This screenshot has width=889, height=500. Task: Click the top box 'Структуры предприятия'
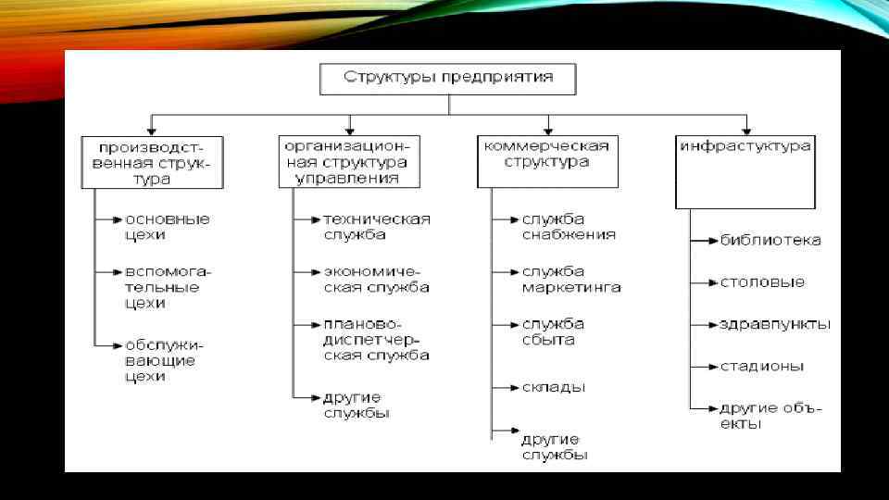[x=448, y=78]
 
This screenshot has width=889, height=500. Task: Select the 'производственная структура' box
[x=152, y=162]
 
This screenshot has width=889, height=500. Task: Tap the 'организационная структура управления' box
[x=348, y=161]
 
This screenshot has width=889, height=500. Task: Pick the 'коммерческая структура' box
[x=546, y=161]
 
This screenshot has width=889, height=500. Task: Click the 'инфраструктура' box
[x=745, y=171]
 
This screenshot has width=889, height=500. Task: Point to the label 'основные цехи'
[x=168, y=227]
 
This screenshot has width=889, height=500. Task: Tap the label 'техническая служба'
[x=377, y=227]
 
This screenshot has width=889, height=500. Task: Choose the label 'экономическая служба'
[x=376, y=280]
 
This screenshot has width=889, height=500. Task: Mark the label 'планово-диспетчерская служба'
[x=375, y=340]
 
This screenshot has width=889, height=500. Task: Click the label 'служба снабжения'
[x=569, y=227]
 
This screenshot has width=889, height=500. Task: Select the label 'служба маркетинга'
[x=570, y=280]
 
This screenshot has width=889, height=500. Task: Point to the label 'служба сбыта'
[x=553, y=331]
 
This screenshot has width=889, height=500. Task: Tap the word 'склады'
[x=553, y=387]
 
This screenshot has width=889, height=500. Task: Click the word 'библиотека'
[x=770, y=241]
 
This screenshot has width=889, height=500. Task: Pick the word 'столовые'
[x=762, y=282]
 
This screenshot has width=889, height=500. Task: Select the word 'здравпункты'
[x=775, y=324]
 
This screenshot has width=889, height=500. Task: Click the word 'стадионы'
[x=762, y=366]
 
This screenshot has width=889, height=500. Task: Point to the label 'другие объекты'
[x=769, y=416]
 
